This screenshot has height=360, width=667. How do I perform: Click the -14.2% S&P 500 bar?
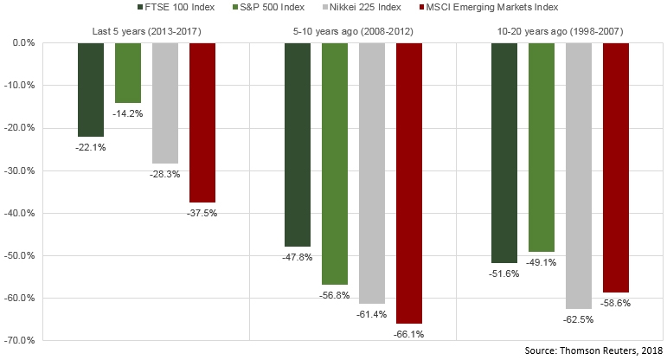tap(128, 73)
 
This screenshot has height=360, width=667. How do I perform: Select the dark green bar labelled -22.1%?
tap(91, 89)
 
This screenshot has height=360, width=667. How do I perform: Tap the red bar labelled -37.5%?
tap(202, 122)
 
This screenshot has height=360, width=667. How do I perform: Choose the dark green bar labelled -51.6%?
tap(504, 152)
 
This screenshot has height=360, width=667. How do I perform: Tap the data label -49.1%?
tap(542, 261)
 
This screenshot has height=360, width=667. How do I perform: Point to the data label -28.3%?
tap(164, 173)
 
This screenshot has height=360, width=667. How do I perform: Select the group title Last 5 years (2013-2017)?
tap(144, 32)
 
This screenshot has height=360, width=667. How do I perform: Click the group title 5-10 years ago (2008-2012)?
tap(352, 32)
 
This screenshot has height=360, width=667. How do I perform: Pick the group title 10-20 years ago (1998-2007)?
tap(560, 32)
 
